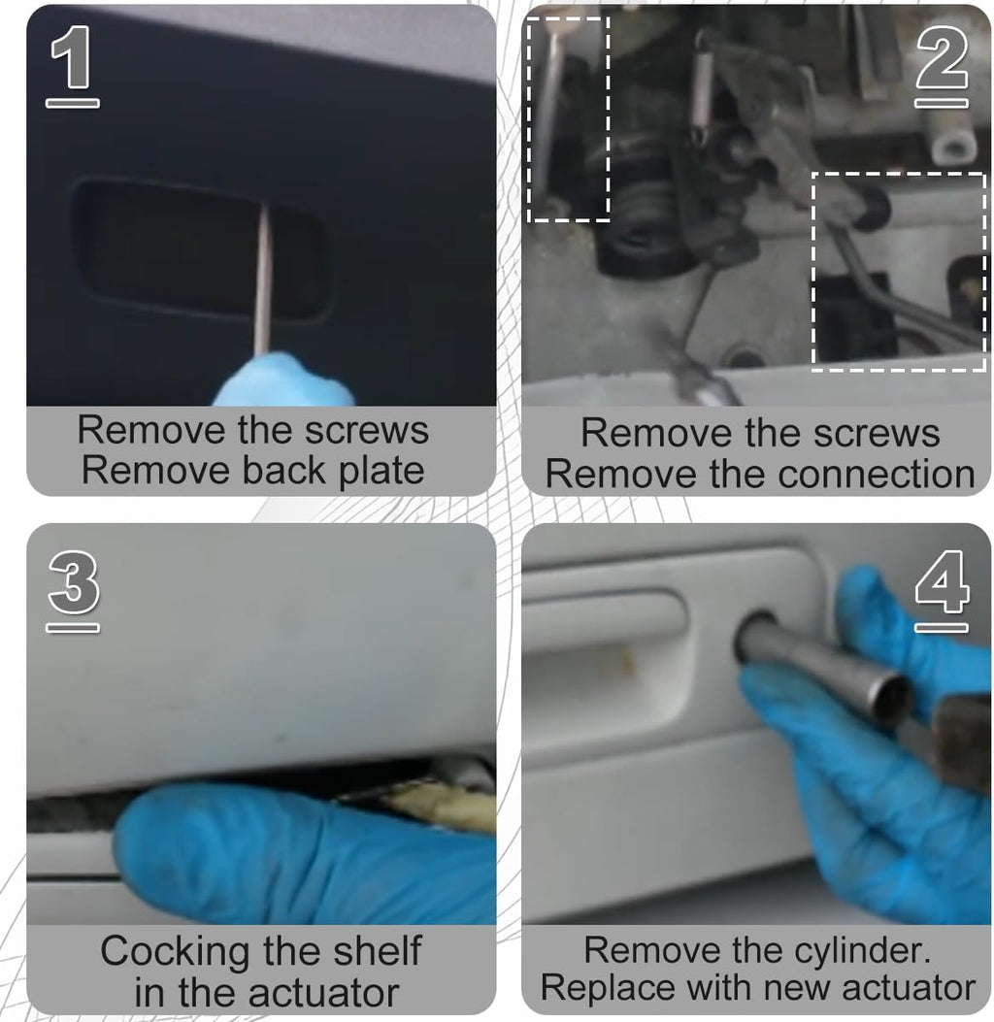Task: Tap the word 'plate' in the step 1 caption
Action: (381, 472)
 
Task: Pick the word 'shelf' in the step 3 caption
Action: (378, 951)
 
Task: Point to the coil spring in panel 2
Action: (701, 88)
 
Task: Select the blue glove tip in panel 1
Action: (284, 379)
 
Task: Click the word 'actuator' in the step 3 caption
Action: (323, 994)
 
